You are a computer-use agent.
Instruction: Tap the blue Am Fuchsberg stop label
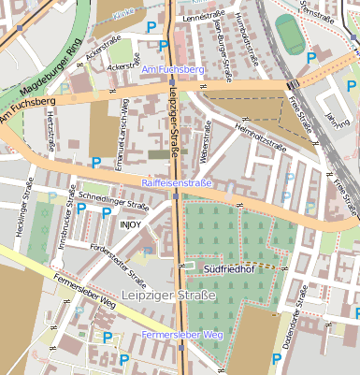pyautogui.click(x=171, y=70)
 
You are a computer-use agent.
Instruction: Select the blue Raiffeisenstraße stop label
pyautogui.click(x=176, y=182)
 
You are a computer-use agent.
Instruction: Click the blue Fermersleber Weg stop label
pyautogui.click(x=183, y=335)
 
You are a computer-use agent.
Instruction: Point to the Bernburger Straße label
pyautogui.click(x=224, y=52)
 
